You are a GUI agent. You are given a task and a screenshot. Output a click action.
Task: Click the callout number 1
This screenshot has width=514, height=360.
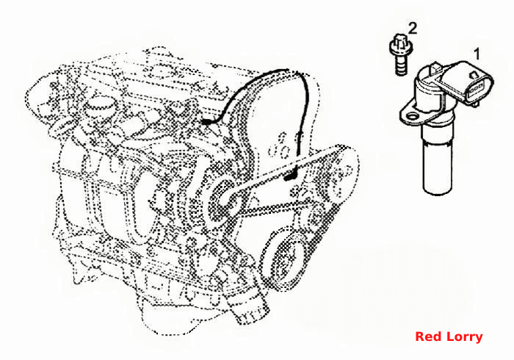tap(477, 54)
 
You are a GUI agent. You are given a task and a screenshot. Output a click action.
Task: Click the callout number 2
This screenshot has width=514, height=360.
tap(413, 28)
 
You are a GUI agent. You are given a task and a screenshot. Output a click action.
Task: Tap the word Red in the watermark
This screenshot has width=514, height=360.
tap(425, 336)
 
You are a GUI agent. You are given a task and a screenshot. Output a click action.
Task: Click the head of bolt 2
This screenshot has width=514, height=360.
tap(400, 48)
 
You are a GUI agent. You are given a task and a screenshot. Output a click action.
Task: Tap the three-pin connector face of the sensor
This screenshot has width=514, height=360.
tap(476, 88)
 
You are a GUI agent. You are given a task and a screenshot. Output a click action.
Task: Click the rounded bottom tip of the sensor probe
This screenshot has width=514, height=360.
tap(438, 190)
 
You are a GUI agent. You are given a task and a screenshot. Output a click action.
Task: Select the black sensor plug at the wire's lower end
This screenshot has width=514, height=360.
tap(290, 177)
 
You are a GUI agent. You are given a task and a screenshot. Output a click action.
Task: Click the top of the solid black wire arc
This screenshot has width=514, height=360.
tap(278, 71)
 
